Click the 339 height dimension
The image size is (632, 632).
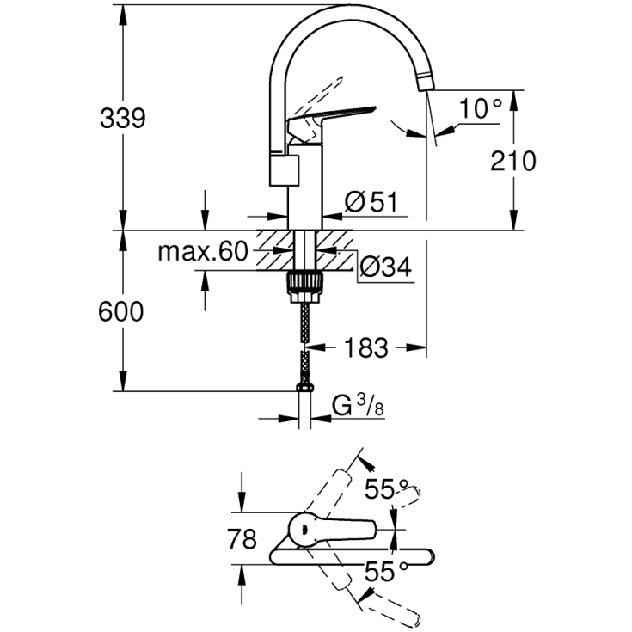click(121, 119)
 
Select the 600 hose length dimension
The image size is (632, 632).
click(121, 312)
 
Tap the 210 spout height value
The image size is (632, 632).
click(512, 161)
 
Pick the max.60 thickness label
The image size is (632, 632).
click(202, 252)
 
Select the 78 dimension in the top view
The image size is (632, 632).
click(242, 540)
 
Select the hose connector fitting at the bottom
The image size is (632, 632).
click(304, 388)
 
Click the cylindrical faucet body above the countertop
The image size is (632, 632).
click(304, 189)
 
